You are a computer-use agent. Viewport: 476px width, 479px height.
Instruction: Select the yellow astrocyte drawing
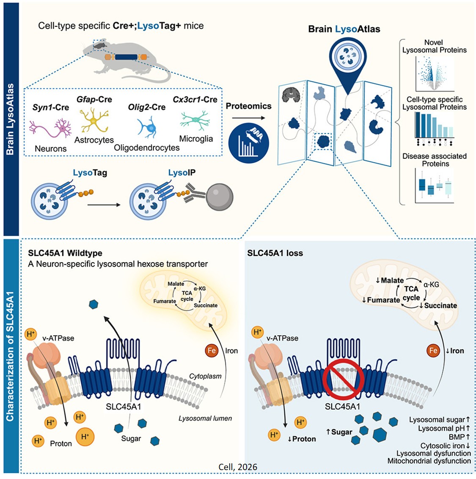tap(94, 120)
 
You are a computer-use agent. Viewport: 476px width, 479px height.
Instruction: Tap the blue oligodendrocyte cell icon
tap(147, 127)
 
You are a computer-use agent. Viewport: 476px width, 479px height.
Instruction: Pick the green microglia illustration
tap(195, 120)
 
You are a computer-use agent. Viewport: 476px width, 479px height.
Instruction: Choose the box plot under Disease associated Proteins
tap(434, 186)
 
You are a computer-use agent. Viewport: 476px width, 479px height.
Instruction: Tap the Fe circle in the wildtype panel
tap(211, 351)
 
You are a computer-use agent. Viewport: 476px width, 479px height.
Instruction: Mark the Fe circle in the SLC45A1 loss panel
tap(433, 351)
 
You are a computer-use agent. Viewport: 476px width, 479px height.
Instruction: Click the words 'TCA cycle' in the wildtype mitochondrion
tap(187, 296)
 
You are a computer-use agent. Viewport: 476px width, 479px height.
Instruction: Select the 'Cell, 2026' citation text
tap(238, 467)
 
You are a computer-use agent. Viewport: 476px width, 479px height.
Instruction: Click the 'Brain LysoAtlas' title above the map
tap(344, 29)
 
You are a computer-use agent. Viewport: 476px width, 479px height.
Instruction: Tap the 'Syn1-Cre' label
tap(50, 108)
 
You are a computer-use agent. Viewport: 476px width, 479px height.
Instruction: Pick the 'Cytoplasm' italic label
tap(205, 376)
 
